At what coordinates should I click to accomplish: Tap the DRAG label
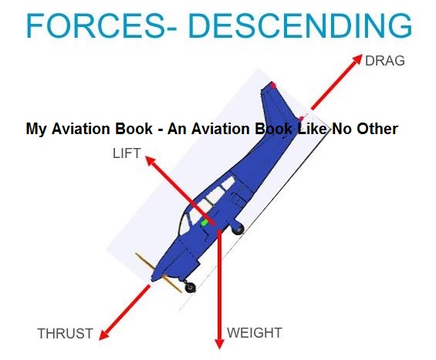[384, 61]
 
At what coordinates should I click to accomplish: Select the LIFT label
[127, 153]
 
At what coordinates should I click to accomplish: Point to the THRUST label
[65, 334]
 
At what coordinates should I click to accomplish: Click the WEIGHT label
[255, 333]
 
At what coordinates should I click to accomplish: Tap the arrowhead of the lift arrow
[150, 163]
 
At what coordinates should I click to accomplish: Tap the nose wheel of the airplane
[190, 288]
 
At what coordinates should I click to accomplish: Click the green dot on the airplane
[205, 222]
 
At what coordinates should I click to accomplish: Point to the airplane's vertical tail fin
[282, 100]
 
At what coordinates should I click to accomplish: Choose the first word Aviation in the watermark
[80, 129]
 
